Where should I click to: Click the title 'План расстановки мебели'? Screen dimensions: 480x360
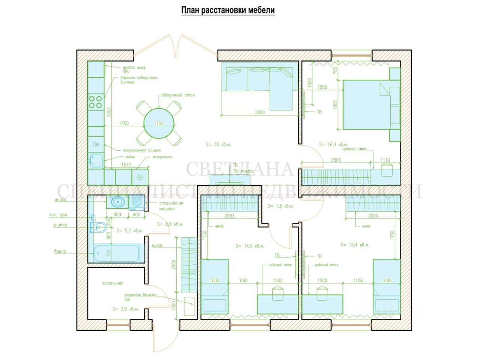pyautogui.click(x=228, y=10)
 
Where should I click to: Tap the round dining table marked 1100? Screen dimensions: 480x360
pyautogui.click(x=159, y=123)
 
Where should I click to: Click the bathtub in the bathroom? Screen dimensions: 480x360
pyautogui.click(x=118, y=253)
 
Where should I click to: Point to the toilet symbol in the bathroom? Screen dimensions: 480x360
pyautogui.click(x=98, y=227)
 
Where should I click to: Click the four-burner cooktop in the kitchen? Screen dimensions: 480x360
pyautogui.click(x=96, y=101)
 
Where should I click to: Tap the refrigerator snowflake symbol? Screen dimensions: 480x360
pyautogui.click(x=140, y=177)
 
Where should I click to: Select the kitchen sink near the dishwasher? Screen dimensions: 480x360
pyautogui.click(x=96, y=161)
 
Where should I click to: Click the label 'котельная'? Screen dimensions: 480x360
pyautogui.click(x=112, y=283)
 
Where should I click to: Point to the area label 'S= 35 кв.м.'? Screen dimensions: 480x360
pyautogui.click(x=219, y=144)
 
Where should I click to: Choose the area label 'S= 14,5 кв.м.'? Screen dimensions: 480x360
pyautogui.click(x=250, y=246)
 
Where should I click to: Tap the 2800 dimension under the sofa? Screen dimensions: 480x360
pyautogui.click(x=259, y=112)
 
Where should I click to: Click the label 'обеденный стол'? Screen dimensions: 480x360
pyautogui.click(x=178, y=95)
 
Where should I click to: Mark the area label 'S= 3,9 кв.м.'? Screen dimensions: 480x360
pyautogui.click(x=125, y=309)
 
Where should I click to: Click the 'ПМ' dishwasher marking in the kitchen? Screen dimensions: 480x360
pyautogui.click(x=96, y=144)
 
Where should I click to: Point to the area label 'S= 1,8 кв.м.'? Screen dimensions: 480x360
pyautogui.click(x=280, y=206)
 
